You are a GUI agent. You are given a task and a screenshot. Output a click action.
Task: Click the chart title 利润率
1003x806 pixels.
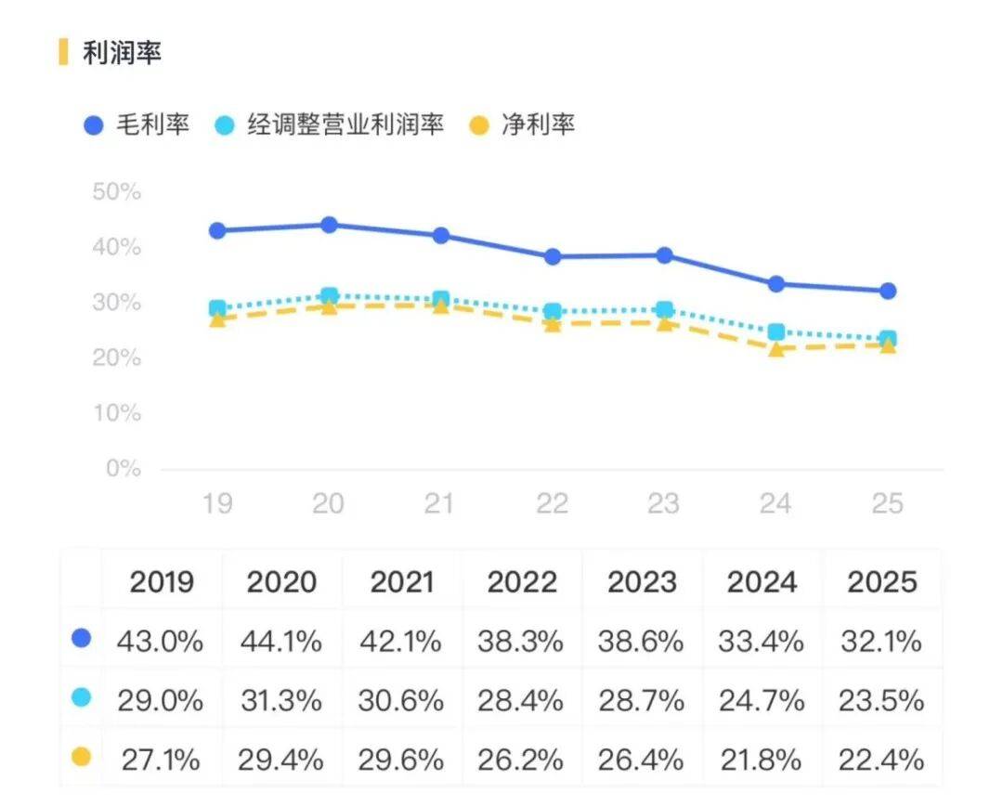coord(122,53)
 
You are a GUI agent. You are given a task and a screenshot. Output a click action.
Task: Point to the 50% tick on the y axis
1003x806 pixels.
coord(117,193)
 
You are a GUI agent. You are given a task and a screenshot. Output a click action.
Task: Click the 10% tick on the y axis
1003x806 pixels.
coord(117,413)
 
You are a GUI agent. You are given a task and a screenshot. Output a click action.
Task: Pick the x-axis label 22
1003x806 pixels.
coord(553,503)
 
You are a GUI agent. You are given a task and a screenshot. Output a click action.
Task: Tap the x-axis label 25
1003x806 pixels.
coord(887,503)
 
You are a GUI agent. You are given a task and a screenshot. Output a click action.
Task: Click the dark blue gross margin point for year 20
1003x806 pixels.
coord(329,225)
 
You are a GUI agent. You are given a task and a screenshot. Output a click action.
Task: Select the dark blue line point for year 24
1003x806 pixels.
coord(776,284)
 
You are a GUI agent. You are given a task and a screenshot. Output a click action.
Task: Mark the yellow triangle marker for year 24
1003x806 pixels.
coord(776,350)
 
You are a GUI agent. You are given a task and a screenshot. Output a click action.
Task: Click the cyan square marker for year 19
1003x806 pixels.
coord(217,308)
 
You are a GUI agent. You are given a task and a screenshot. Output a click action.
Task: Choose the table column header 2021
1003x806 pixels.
coord(402,582)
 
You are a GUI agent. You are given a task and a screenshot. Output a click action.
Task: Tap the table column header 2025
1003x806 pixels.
coord(881,582)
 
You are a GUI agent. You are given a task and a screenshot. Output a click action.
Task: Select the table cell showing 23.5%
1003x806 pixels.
coord(881,700)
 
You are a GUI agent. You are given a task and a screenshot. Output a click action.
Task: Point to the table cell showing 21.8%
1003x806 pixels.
coord(762,760)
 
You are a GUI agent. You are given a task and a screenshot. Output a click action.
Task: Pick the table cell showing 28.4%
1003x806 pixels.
coord(521,700)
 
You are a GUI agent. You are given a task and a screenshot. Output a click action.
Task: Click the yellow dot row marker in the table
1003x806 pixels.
coord(82,758)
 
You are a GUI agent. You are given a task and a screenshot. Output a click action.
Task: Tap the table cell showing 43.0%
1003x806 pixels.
coord(161,641)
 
